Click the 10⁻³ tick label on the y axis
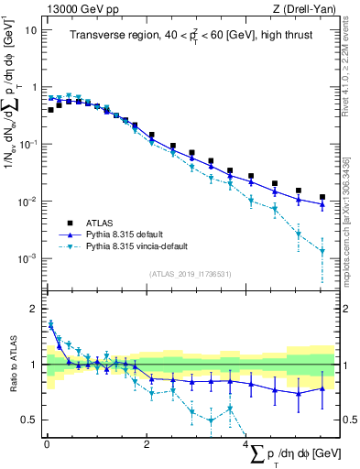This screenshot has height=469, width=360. (x=27, y=258)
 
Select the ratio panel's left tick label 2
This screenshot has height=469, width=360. (x=33, y=309)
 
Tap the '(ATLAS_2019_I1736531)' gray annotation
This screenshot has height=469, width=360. (x=191, y=274)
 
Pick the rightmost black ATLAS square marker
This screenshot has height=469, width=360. (x=322, y=197)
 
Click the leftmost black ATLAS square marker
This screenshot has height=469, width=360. (x=50, y=110)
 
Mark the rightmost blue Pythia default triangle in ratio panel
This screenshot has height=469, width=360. (x=322, y=388)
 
